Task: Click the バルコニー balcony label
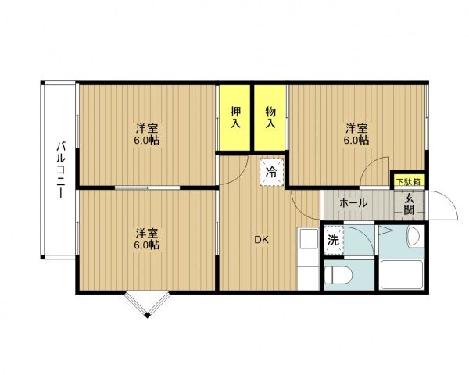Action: click(61, 170)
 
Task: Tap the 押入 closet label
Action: click(236, 117)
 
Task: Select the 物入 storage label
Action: click(270, 117)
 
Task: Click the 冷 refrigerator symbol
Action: click(271, 172)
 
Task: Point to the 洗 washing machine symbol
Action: click(334, 240)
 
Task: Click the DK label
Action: click(261, 240)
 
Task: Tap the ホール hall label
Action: click(353, 203)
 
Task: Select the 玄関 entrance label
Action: click(409, 204)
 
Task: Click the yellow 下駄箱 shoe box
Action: click(408, 181)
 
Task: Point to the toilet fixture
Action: click(338, 275)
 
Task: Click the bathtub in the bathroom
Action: click(402, 274)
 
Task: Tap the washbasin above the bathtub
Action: click(415, 237)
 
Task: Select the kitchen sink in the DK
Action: click(309, 238)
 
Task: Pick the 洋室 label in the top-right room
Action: click(356, 129)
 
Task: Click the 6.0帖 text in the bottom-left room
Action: click(147, 245)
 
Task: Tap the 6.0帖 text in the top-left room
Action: click(147, 140)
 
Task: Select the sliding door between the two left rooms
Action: click(147, 187)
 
